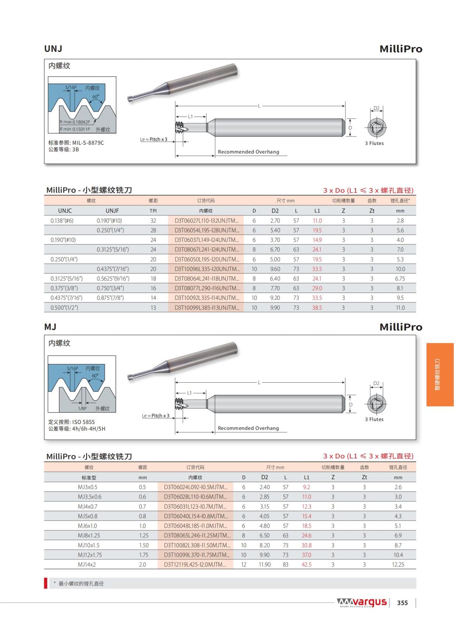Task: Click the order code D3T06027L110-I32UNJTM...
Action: [x=207, y=221]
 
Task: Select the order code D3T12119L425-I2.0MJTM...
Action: [x=195, y=564]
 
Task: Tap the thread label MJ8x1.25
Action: [x=89, y=536]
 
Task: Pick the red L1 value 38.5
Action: [x=317, y=308]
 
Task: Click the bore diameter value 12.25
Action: [x=398, y=564]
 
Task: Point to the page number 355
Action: [x=402, y=603]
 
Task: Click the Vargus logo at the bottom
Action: [x=362, y=602]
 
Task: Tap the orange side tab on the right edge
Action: [x=440, y=374]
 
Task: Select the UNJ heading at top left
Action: [x=53, y=49]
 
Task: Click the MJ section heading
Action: [x=50, y=327]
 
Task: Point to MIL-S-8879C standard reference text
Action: [x=88, y=143]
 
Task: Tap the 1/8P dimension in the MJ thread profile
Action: [x=82, y=408]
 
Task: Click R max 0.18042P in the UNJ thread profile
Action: [x=75, y=122]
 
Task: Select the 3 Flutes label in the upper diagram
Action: [x=374, y=143]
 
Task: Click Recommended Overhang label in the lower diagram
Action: [x=248, y=428]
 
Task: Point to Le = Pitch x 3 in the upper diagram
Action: [x=154, y=139]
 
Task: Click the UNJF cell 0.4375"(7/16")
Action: [x=113, y=269]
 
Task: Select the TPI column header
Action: [x=153, y=211]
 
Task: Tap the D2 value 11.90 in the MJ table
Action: [x=264, y=564]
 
